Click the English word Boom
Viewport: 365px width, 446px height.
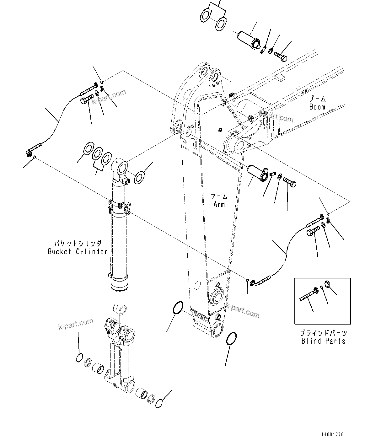(317, 107)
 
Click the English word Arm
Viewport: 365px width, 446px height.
(219, 204)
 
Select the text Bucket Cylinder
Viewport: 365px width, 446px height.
(78, 251)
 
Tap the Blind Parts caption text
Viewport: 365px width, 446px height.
(323, 341)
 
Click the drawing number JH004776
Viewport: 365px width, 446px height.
(332, 435)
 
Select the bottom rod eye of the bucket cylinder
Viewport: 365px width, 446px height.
(121, 309)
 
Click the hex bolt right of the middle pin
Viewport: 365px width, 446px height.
(290, 182)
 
